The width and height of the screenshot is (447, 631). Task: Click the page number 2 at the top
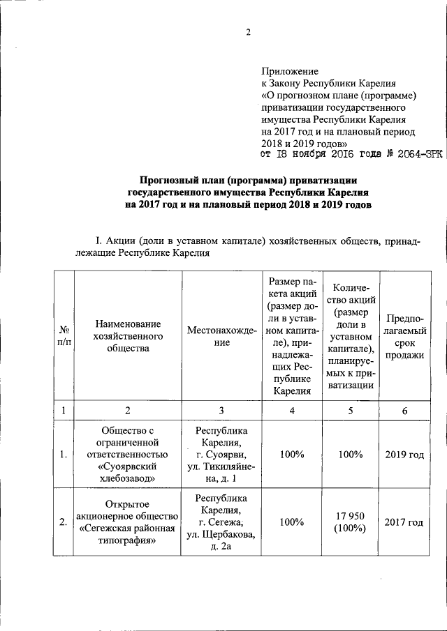[247, 32]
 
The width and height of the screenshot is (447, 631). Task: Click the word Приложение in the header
[289, 71]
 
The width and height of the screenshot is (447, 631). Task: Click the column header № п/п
[64, 337]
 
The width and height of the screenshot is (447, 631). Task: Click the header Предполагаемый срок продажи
[404, 337]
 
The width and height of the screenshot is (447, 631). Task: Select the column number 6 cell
[404, 411]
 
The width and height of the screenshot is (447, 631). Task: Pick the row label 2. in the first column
[64, 522]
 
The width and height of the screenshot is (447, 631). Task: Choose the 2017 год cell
[404, 522]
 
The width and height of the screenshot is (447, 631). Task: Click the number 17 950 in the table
[348, 515]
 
